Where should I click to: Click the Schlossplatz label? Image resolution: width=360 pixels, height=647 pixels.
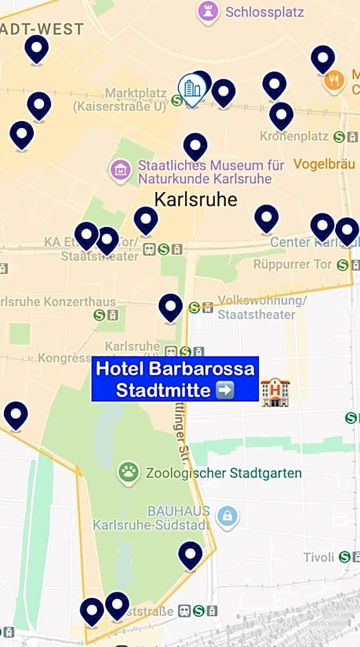(x=255, y=12)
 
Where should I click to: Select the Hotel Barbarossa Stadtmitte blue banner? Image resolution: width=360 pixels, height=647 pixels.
(x=175, y=379)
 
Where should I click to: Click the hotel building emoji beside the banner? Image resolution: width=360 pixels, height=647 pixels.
(x=275, y=392)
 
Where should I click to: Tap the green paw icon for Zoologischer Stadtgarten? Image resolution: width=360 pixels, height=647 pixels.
(x=128, y=472)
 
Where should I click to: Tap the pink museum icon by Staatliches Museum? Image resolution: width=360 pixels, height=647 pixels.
(x=120, y=169)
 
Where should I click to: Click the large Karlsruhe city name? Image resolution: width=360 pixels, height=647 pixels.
(x=195, y=200)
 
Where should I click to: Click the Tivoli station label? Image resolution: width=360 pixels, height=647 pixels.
(x=319, y=557)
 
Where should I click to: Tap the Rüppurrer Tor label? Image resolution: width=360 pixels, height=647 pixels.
(x=293, y=264)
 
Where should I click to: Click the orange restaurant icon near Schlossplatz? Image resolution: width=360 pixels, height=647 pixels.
(x=334, y=81)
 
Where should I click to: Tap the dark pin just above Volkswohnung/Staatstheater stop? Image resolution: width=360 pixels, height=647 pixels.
(x=171, y=306)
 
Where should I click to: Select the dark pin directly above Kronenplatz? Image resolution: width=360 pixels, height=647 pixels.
(x=281, y=114)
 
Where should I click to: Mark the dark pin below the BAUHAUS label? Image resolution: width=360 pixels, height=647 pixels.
(x=191, y=554)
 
